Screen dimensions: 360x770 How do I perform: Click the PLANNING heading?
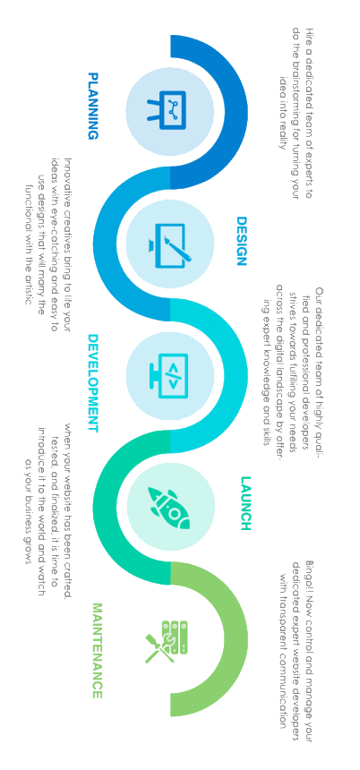pos(93,106)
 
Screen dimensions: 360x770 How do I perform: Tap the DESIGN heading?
pos(241,241)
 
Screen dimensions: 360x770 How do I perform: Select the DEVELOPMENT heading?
pos(93,383)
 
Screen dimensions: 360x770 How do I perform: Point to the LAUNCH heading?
pos(245,503)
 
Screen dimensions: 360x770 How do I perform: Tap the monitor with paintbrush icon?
pos(170,244)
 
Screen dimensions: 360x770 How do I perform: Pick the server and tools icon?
pos(167,641)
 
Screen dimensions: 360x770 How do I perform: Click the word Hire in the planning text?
pos(309,34)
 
